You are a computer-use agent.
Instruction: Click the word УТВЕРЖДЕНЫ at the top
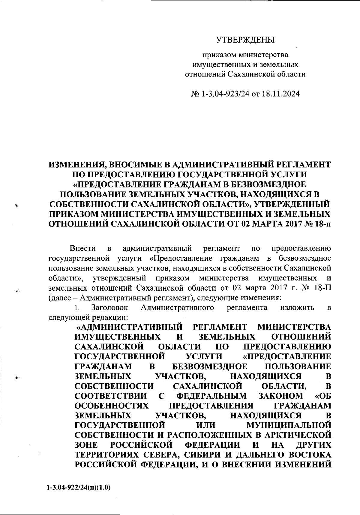tap(245, 39)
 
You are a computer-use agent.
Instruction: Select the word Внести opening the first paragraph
tap(82, 248)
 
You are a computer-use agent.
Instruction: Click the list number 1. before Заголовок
tap(77, 308)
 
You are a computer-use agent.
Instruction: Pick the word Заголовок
tap(110, 308)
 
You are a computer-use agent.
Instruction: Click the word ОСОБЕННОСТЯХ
tap(112, 405)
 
